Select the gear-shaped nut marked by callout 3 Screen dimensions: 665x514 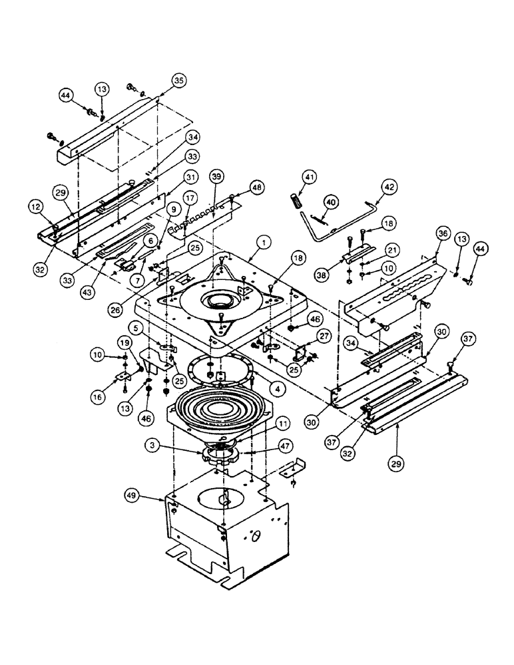[220, 458]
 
